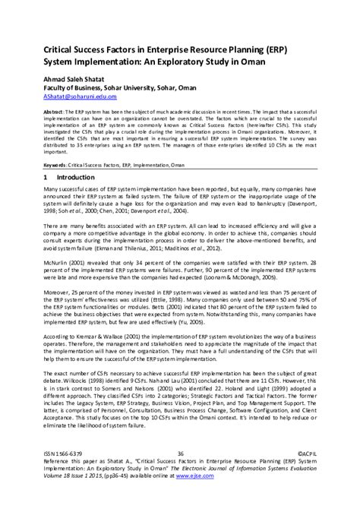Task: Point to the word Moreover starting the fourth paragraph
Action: pos(60,292)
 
